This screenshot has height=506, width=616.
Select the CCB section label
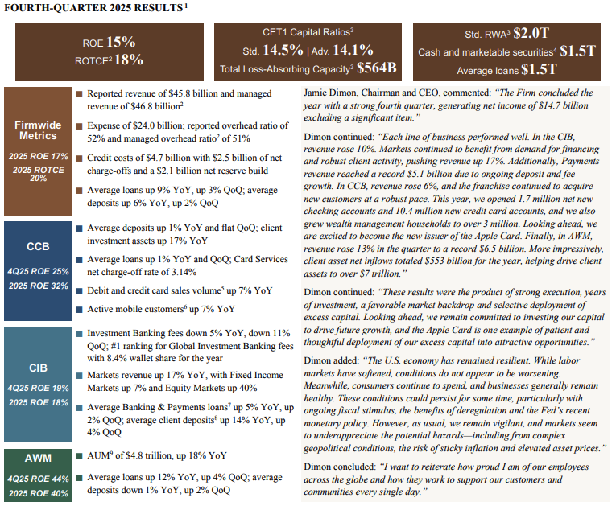37,247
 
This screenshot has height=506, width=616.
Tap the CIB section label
37,368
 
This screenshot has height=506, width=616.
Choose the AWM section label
37,459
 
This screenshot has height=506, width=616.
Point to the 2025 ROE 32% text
37,286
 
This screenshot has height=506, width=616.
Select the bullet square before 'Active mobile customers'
78,309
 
